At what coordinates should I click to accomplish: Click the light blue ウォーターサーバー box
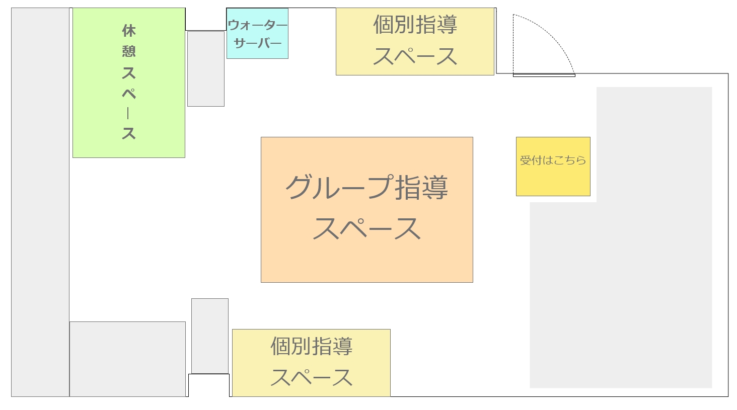257,34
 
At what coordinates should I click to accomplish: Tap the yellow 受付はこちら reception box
553,167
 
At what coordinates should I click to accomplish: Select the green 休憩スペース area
129,83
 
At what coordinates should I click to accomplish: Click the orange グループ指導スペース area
367,210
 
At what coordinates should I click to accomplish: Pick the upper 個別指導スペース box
415,42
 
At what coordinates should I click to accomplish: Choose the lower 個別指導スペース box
311,363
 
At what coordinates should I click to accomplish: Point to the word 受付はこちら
553,160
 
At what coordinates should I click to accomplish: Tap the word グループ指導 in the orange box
366,187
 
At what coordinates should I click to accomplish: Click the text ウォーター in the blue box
257,25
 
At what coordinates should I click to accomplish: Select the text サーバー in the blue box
257,43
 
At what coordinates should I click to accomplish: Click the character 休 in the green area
129,31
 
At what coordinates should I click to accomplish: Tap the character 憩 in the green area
129,51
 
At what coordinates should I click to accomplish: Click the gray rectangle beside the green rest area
206,69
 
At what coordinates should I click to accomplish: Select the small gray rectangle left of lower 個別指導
210,336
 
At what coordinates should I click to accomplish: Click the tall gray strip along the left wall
40,202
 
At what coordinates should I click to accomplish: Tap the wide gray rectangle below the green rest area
128,359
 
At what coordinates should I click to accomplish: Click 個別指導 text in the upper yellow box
415,25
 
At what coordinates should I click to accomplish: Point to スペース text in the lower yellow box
311,377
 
